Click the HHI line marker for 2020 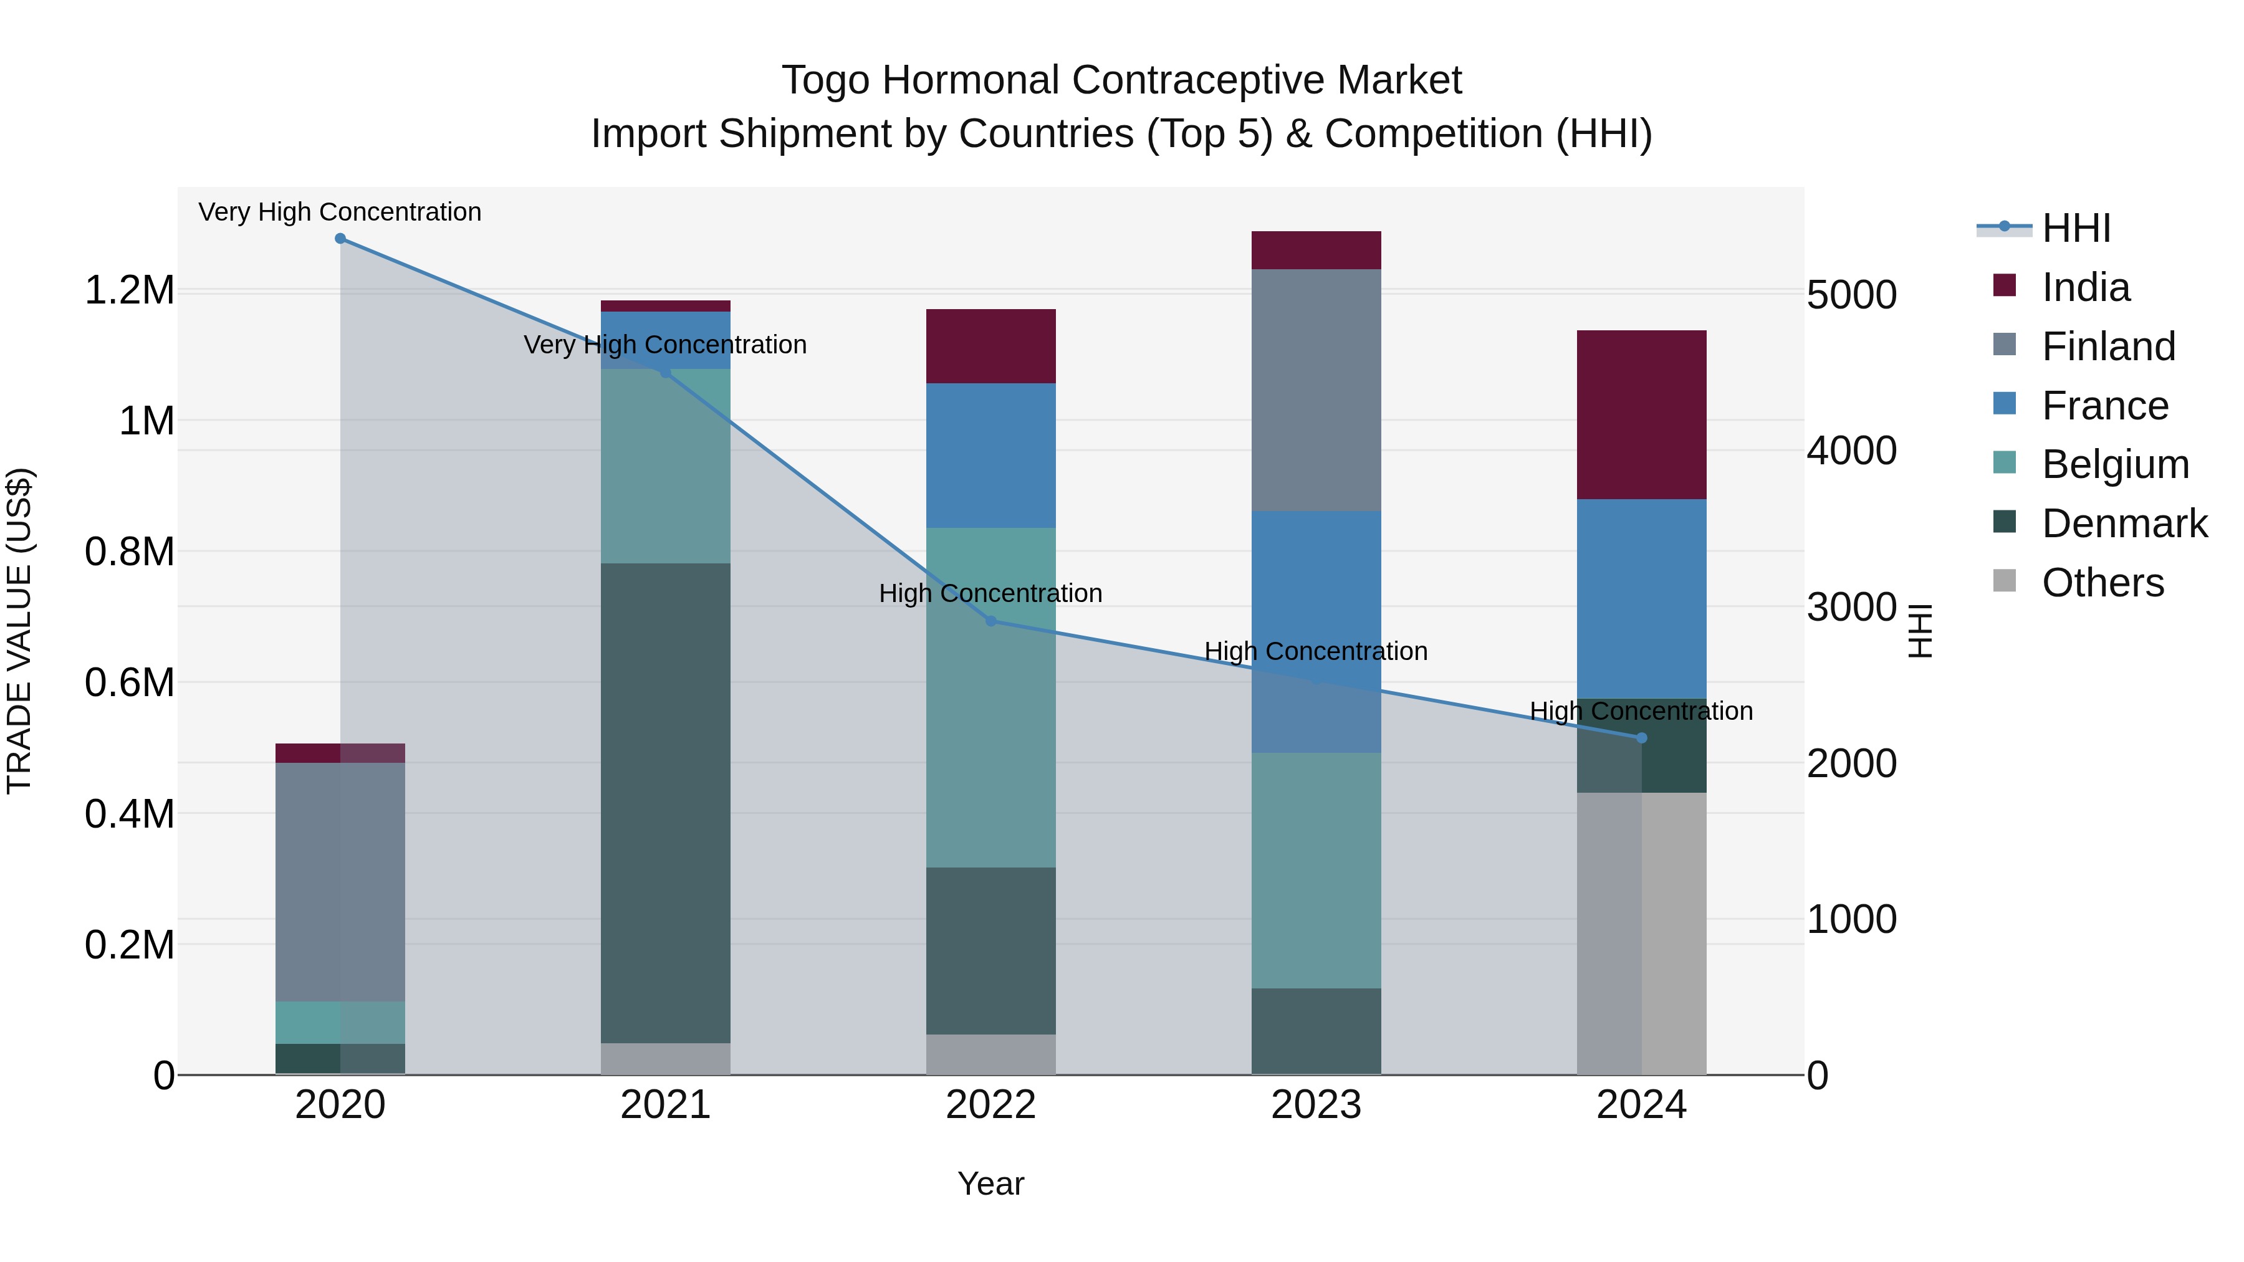(340, 239)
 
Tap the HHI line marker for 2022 (990, 621)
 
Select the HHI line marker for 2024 (1641, 738)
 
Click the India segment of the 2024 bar (1641, 414)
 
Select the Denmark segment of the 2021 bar (666, 802)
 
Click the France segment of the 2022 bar (990, 456)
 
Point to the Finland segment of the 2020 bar (340, 881)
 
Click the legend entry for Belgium (2115, 464)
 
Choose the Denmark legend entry (2124, 523)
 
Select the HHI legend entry (2076, 228)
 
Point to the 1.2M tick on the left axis (129, 290)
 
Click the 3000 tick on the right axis (1851, 607)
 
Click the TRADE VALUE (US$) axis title (19, 631)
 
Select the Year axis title (990, 1183)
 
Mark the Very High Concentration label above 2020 (340, 212)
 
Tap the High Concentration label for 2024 (1641, 710)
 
